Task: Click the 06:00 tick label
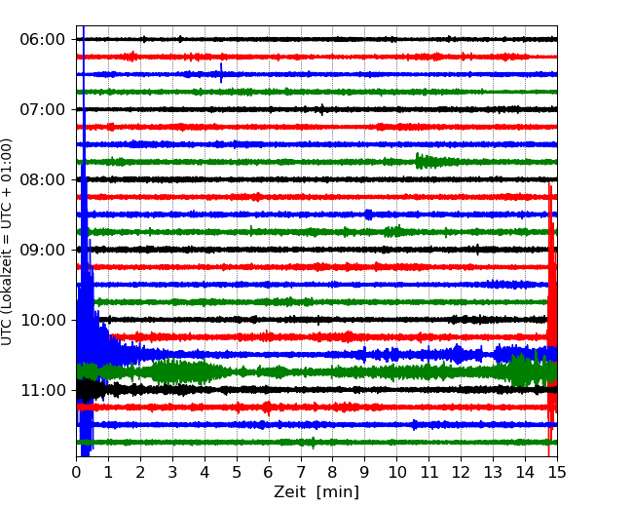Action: (x=43, y=40)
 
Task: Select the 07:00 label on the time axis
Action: (x=43, y=109)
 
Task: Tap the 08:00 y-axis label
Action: (x=43, y=179)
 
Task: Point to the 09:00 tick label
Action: (x=43, y=250)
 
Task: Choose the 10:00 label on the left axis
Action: (x=43, y=320)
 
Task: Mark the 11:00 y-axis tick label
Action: (x=43, y=390)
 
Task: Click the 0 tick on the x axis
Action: (x=76, y=472)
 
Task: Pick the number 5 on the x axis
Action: (x=237, y=472)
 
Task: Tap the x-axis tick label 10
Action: (x=396, y=472)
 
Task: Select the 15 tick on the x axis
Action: (x=557, y=472)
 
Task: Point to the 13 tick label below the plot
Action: (x=493, y=472)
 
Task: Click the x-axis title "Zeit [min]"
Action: (x=316, y=491)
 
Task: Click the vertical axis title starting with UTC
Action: (x=6, y=242)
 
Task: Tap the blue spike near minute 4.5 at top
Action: (x=221, y=73)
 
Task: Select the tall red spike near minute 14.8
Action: (x=551, y=320)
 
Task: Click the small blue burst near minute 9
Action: (x=368, y=214)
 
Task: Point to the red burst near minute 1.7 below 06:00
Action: (x=130, y=57)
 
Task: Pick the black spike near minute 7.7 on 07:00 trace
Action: (x=321, y=109)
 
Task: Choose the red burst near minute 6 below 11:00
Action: (x=267, y=408)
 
